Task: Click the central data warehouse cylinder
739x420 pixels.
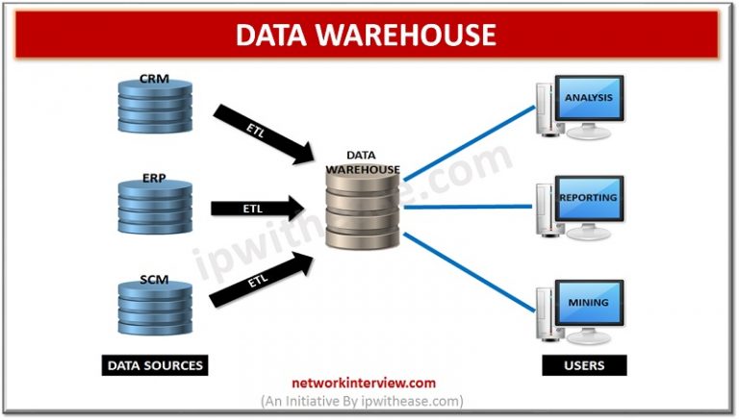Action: tap(360, 208)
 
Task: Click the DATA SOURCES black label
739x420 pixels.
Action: tap(155, 365)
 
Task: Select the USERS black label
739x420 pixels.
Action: tap(585, 365)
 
